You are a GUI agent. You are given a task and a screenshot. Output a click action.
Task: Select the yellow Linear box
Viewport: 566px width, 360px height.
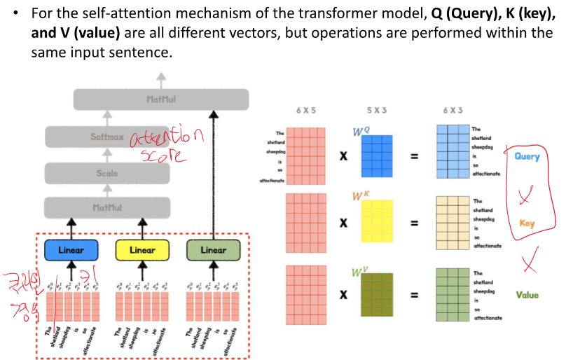click(142, 250)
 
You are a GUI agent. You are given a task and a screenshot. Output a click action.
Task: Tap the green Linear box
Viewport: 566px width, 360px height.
click(214, 250)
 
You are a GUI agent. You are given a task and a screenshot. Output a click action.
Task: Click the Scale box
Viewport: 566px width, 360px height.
click(107, 173)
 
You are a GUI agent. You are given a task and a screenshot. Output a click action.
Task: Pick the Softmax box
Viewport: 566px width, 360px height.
click(107, 137)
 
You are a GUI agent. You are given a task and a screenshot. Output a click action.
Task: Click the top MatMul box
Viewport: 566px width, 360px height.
click(161, 99)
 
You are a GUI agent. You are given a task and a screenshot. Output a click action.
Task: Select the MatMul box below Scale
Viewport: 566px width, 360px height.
click(107, 207)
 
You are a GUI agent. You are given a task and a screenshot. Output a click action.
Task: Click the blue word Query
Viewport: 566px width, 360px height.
click(527, 156)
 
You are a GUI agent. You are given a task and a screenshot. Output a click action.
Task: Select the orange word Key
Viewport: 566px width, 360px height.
click(527, 224)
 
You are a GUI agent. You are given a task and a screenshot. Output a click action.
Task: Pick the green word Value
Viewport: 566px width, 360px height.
click(527, 295)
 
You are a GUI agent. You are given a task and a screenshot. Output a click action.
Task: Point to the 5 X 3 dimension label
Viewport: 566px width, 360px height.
click(379, 111)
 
